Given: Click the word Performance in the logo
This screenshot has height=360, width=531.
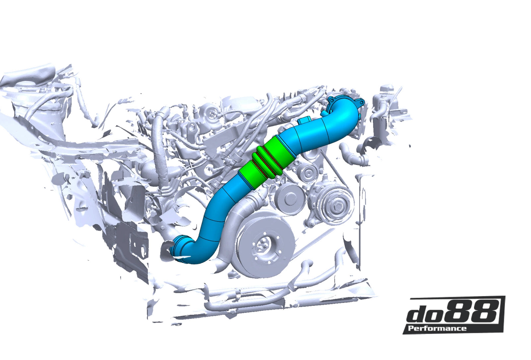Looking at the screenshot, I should tap(437, 328).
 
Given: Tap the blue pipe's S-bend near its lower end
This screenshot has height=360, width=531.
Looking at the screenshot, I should tap(202, 246).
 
